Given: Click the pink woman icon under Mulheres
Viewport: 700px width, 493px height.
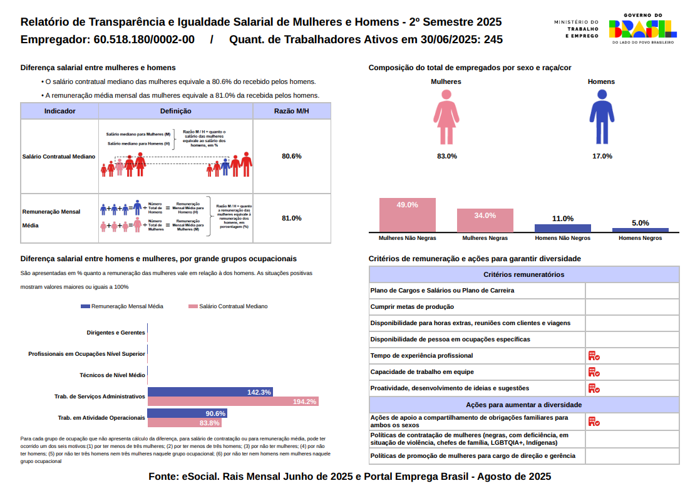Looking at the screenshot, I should [x=446, y=117].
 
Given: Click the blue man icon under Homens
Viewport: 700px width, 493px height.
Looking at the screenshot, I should [x=602, y=117].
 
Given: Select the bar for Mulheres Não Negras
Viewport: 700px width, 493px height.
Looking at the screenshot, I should [x=408, y=215].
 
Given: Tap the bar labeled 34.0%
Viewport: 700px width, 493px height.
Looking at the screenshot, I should [x=485, y=221].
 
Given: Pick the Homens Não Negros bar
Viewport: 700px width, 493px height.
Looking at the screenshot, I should [x=562, y=229].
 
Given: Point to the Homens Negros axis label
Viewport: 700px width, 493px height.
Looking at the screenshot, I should [x=640, y=238].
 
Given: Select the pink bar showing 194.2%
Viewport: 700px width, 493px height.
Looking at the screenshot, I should [x=233, y=402].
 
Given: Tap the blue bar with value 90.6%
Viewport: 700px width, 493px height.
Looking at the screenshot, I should [x=187, y=413].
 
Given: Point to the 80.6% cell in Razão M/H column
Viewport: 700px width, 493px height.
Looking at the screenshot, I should [x=292, y=156].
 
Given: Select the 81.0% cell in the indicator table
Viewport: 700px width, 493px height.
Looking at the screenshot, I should [x=292, y=218].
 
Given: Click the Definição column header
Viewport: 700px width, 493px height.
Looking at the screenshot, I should [x=176, y=111].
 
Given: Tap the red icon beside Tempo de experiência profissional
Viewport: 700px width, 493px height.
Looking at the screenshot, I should [x=594, y=356].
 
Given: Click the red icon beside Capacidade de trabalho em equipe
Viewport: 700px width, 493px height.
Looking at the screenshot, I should [x=594, y=372].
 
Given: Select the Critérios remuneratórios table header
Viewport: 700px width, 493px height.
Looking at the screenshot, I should [x=523, y=274].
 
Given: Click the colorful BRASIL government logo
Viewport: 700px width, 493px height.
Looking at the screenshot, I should [x=642, y=28].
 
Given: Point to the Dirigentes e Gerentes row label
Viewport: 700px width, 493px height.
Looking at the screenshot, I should [x=116, y=333].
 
